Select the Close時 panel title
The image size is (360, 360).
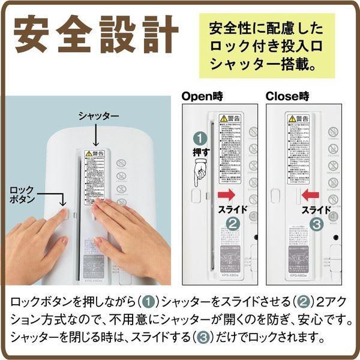tap(288, 95)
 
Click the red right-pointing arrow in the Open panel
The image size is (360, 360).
tap(226, 195)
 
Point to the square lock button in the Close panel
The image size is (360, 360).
tap(275, 196)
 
